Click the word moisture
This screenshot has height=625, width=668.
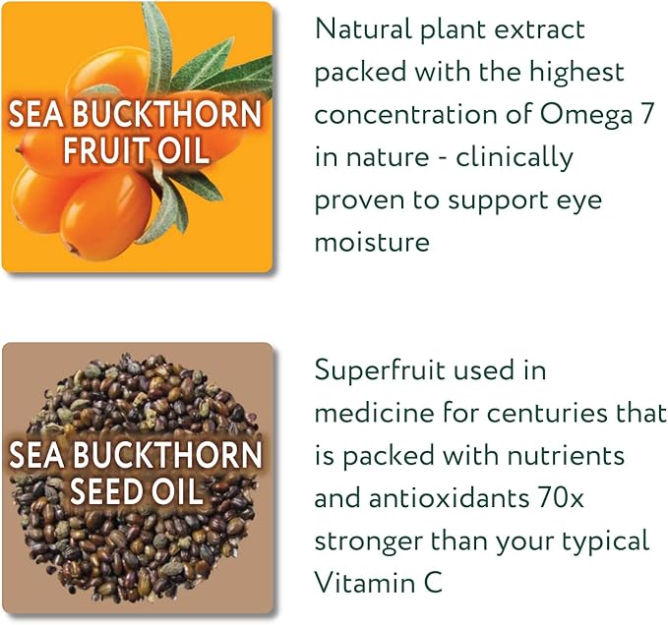point(372,242)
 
